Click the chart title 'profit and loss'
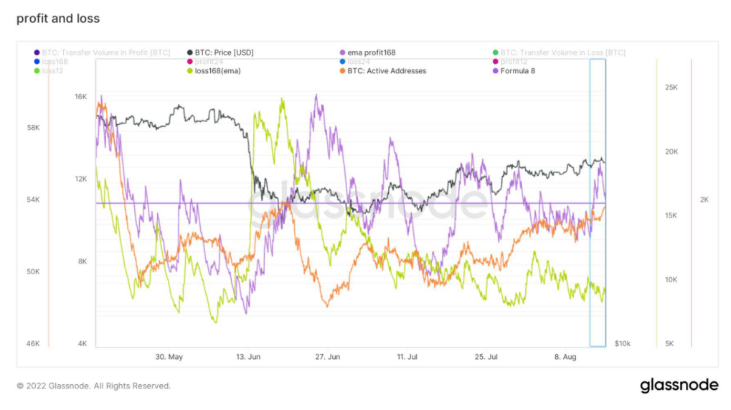tap(58, 18)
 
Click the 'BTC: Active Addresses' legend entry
tap(386, 71)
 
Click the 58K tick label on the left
tap(32, 128)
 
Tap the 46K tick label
tap(32, 344)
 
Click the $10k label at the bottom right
tap(623, 344)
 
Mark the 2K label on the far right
tap(704, 200)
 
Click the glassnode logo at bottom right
tap(679, 386)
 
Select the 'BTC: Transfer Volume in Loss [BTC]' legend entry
tap(562, 52)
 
